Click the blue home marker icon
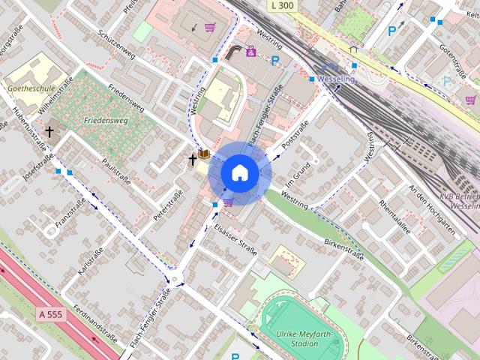coord(240,173)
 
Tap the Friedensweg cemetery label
coord(106,119)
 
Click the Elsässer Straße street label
coord(235,239)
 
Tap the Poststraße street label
coord(295,135)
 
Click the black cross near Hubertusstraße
coord(49,132)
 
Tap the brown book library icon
coord(204,156)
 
